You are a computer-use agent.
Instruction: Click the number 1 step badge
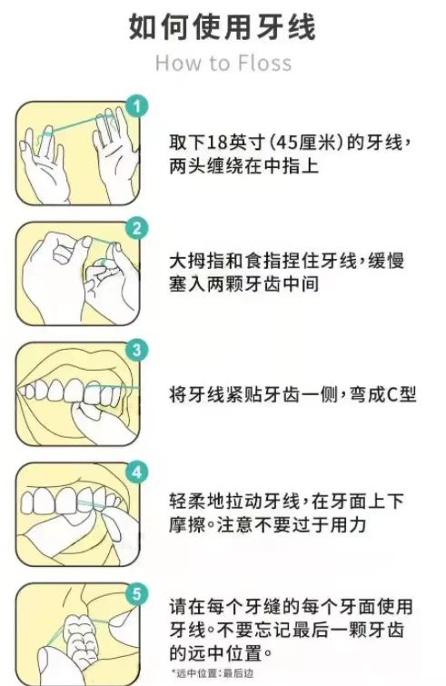(x=137, y=106)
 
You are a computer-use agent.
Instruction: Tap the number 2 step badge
(x=137, y=228)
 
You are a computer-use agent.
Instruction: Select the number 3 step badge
(x=137, y=350)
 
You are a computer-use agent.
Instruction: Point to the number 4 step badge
(x=137, y=472)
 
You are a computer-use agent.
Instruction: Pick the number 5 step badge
(x=137, y=594)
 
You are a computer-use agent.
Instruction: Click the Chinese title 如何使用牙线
(x=223, y=27)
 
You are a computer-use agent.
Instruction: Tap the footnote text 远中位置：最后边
(x=212, y=674)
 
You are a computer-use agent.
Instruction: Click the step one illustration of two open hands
(x=78, y=154)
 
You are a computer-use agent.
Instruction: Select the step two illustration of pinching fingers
(x=78, y=273)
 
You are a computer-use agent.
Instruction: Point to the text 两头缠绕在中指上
(x=243, y=166)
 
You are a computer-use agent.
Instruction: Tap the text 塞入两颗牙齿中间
(x=243, y=284)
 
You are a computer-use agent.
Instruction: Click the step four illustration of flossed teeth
(x=78, y=514)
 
